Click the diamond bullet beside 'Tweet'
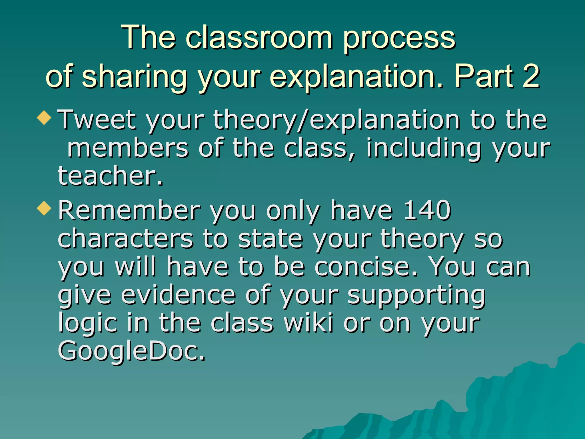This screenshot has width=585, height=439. point(44,117)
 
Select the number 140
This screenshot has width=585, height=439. point(428,210)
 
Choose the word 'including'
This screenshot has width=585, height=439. point(424,149)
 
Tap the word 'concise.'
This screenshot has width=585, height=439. point(366,267)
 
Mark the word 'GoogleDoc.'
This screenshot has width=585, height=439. point(131,352)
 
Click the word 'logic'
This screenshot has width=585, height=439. point(88,324)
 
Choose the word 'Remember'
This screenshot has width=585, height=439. point(129,210)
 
